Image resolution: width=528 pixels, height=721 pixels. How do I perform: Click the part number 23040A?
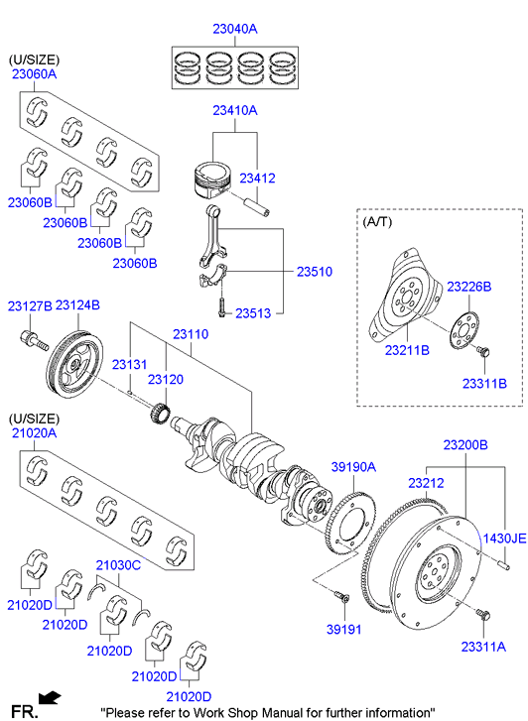point(235,29)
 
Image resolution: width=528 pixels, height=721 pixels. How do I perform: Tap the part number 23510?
point(315,272)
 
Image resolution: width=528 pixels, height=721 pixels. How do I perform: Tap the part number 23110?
point(191,334)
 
